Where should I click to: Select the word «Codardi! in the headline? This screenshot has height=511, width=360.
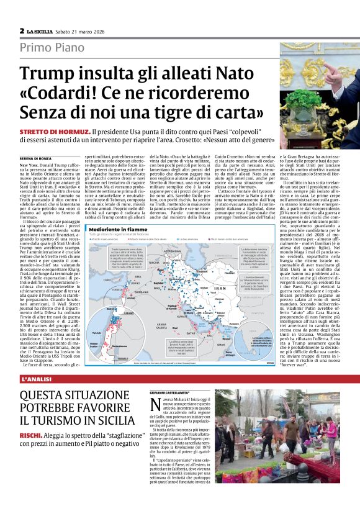click(x=60, y=94)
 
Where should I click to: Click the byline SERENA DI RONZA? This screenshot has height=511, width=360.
click(x=36, y=158)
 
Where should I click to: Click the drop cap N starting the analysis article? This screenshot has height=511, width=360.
click(x=156, y=405)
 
